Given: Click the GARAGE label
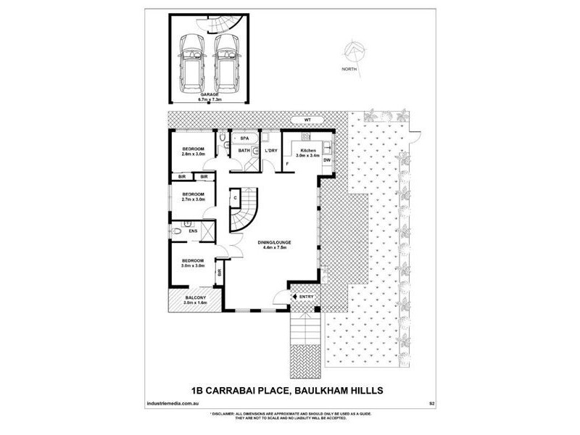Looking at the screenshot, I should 210,94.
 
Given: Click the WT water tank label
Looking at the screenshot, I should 296,120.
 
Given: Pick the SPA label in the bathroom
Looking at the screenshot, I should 245,138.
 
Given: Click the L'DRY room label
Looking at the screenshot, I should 271,150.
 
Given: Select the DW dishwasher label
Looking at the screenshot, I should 327,160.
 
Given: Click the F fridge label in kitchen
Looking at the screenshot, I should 287,164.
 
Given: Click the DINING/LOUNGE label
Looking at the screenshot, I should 274,243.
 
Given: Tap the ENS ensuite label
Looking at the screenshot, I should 193,231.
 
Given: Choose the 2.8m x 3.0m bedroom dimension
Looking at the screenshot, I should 194,154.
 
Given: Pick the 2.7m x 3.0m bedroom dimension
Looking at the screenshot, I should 193,199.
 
